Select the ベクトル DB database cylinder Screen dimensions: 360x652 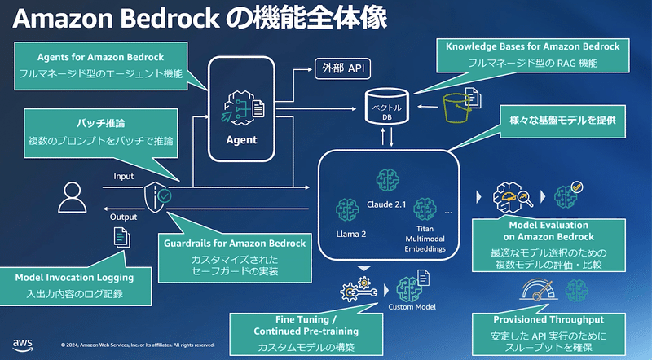point(390,103)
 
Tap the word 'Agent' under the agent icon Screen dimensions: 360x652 point(240,139)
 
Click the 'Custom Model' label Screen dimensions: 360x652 point(410,307)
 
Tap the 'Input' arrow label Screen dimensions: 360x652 point(123,176)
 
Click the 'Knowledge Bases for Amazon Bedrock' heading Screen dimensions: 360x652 point(533,47)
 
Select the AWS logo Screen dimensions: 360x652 point(22,343)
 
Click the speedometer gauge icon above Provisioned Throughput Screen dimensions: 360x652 point(543,288)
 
